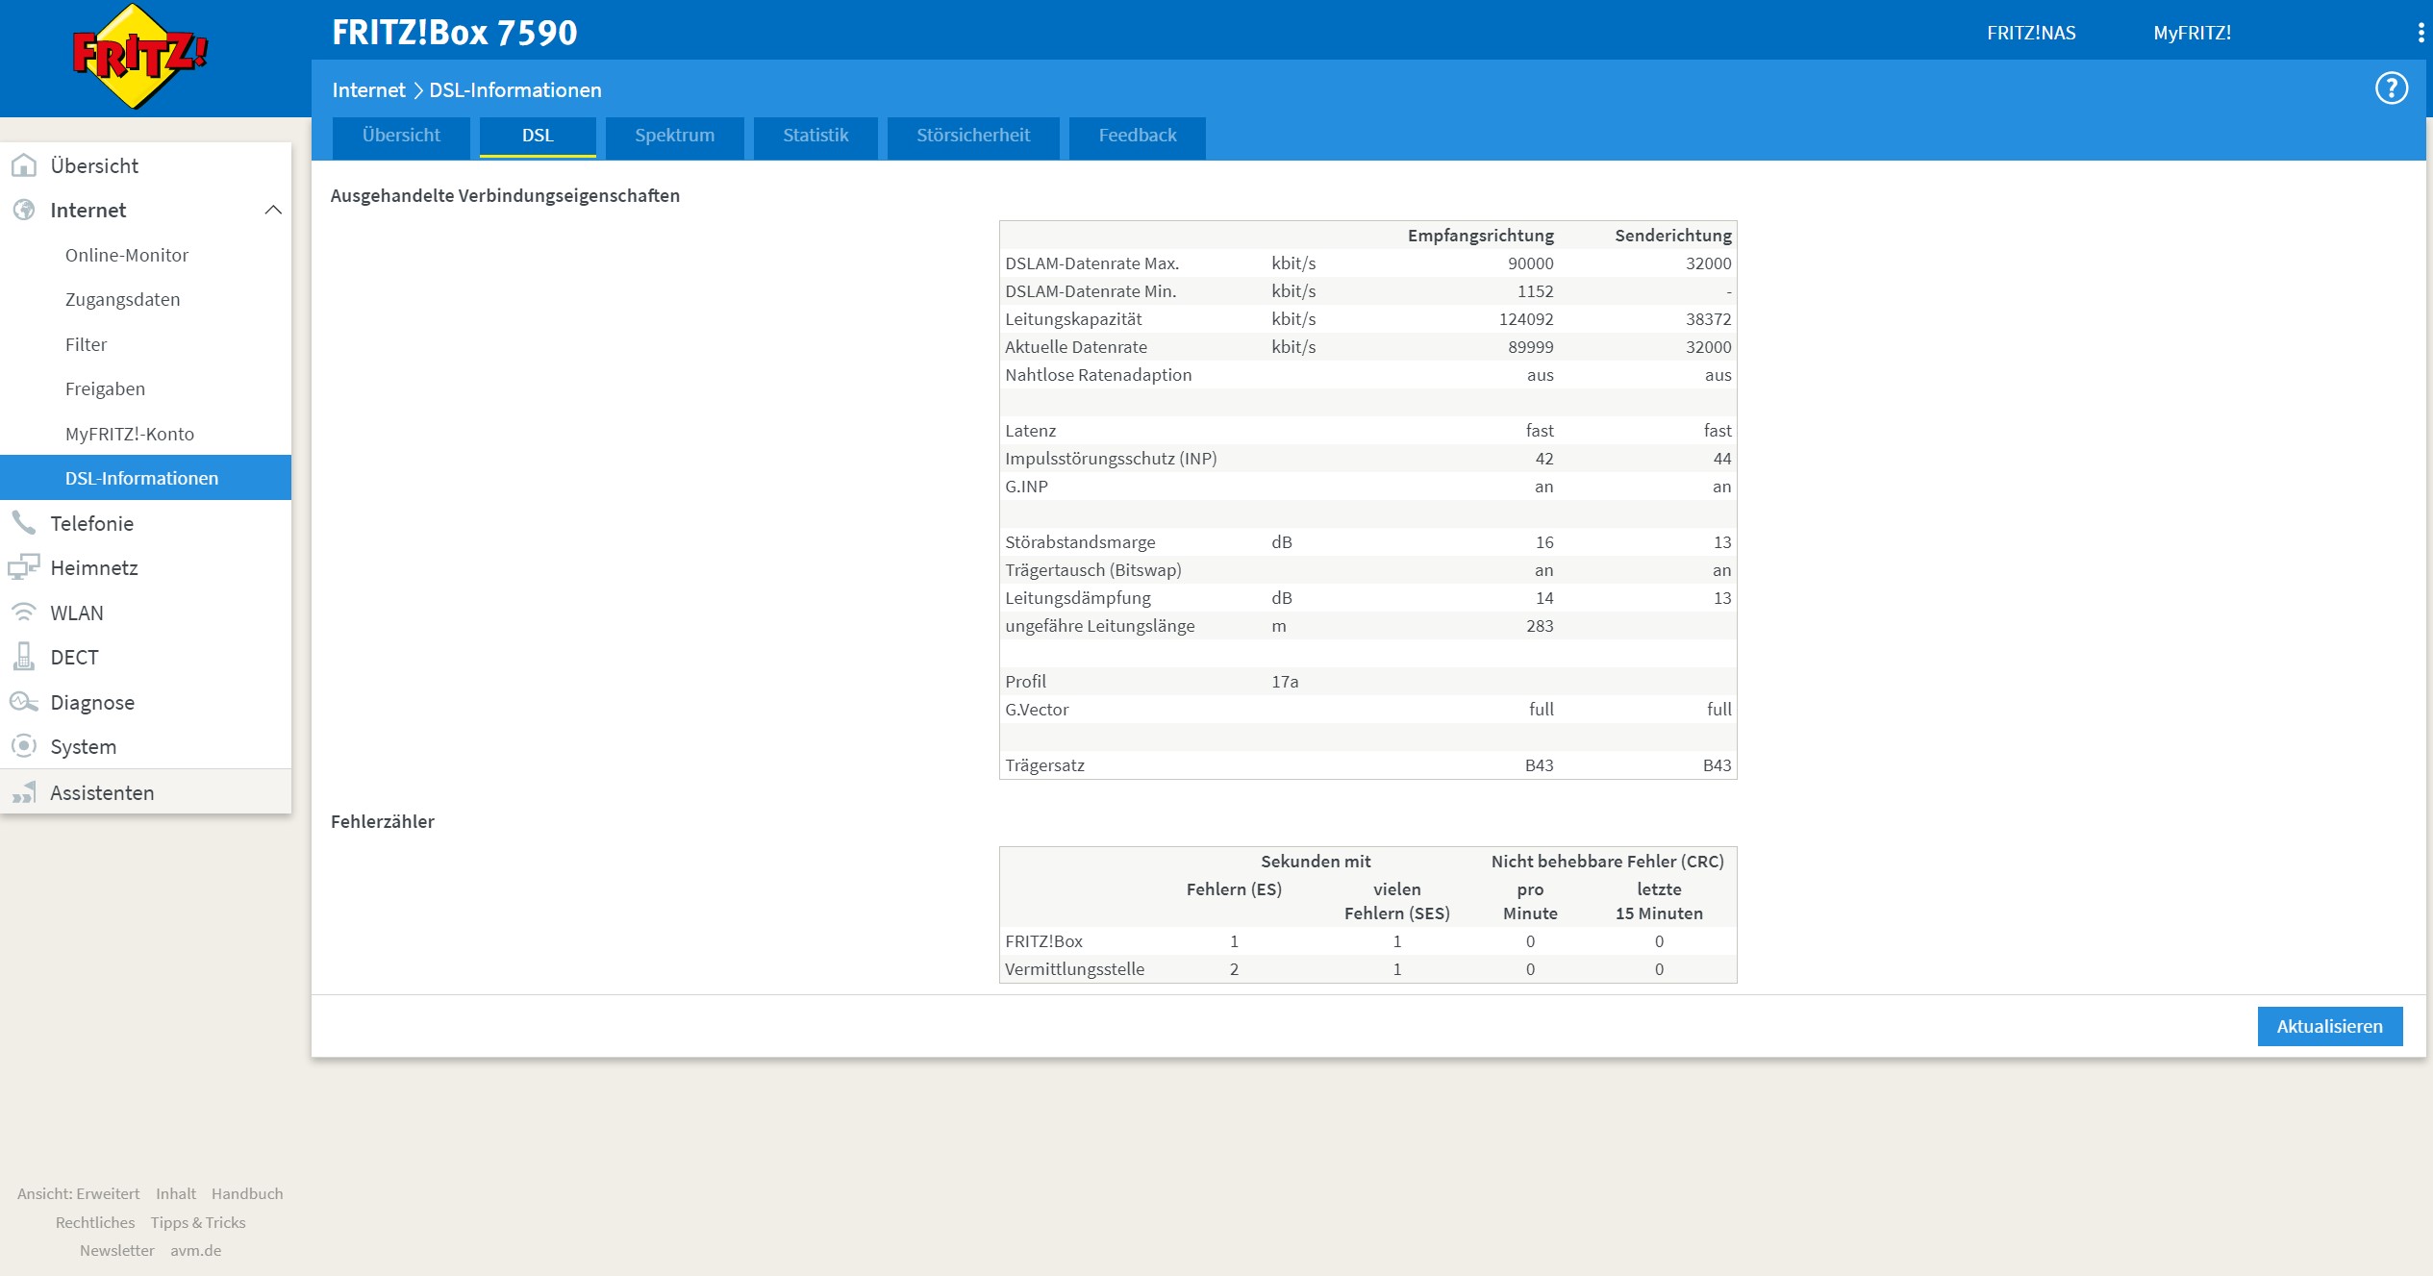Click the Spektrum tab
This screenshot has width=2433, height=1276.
tap(674, 136)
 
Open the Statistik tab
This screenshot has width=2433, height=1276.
tap(815, 136)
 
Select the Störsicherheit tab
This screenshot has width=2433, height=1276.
tap(972, 136)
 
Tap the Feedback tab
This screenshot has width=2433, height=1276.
tap(1137, 136)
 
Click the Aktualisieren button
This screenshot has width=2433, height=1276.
tap(2329, 1026)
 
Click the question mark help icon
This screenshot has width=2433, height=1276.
tap(2391, 88)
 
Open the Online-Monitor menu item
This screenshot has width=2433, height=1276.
tap(127, 255)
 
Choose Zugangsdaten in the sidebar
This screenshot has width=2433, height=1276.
tap(122, 299)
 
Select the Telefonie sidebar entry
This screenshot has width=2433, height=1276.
tap(91, 523)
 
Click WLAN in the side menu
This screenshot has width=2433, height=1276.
tap(77, 613)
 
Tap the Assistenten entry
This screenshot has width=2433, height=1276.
tap(102, 792)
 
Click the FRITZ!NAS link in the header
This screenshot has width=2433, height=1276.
tap(2031, 33)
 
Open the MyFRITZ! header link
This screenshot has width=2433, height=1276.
tap(2192, 33)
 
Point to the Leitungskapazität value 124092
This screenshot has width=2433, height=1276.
tap(1526, 319)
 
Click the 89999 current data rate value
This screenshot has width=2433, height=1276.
tap(1530, 347)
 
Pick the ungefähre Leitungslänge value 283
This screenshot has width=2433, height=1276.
tap(1540, 626)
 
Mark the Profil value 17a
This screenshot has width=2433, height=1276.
tap(1285, 682)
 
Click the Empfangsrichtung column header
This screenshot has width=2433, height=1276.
tap(1480, 236)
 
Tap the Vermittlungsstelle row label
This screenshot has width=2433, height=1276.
tap(1074, 969)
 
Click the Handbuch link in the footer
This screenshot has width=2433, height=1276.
tap(247, 1193)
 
